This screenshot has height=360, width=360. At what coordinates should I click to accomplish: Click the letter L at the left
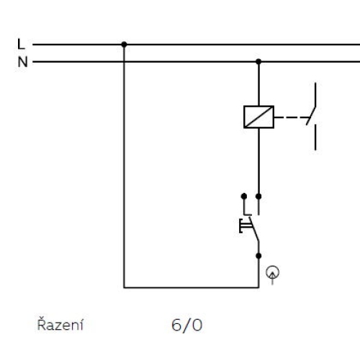click(22, 45)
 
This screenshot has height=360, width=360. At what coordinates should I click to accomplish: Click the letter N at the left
click(22, 62)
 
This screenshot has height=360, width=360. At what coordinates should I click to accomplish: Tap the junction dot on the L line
click(124, 45)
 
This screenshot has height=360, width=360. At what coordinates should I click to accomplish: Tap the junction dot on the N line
click(258, 62)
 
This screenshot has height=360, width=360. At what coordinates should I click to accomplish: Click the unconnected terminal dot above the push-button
click(243, 195)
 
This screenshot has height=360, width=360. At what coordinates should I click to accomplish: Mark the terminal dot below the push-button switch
click(258, 254)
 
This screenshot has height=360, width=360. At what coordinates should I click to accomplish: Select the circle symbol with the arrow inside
click(273, 272)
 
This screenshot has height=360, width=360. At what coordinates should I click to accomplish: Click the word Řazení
click(60, 325)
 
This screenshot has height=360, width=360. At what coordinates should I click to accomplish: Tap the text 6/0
click(187, 325)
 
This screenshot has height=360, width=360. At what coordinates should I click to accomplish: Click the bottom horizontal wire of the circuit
click(191, 287)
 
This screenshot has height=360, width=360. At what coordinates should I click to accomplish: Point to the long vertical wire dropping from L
click(124, 166)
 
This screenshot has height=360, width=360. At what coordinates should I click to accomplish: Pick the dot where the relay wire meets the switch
click(258, 195)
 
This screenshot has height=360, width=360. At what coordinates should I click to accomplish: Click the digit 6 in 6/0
click(177, 325)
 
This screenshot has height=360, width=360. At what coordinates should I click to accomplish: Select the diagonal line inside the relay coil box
click(258, 117)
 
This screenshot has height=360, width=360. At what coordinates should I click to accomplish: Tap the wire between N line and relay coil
click(258, 84)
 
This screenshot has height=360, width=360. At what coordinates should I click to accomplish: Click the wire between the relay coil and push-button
click(258, 162)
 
